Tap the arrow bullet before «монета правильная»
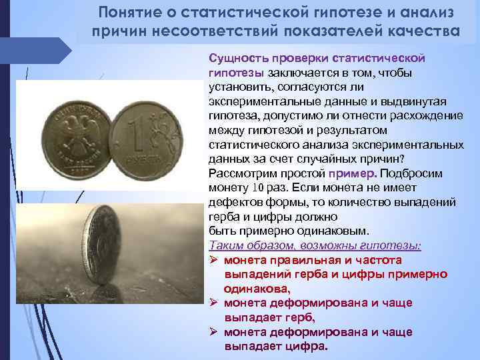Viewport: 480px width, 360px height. point(214,260)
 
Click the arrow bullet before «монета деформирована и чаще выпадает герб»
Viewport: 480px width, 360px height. point(214,303)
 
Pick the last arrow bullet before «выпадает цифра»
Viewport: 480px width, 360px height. point(214,332)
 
